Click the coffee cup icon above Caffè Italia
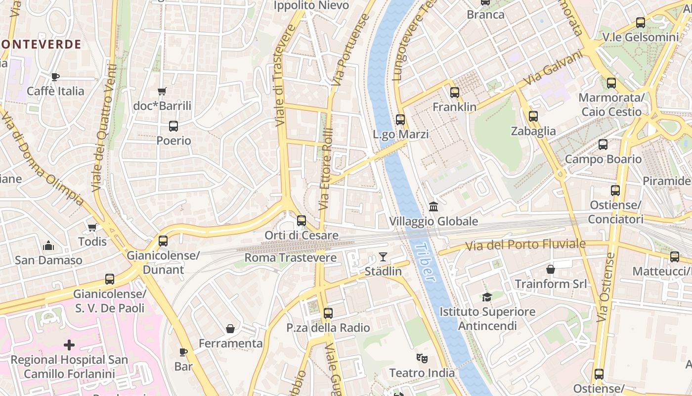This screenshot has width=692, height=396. click(x=55, y=77)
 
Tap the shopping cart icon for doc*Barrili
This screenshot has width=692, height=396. click(x=162, y=91)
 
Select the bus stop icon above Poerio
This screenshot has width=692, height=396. click(x=173, y=126)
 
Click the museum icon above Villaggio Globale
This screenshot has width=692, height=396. click(x=433, y=206)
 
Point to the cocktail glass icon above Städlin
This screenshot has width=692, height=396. click(x=383, y=256)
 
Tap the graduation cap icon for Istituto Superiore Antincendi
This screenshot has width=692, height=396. click(x=487, y=297)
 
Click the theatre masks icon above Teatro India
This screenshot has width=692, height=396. click(x=422, y=357)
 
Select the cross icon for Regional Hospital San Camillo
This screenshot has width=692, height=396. click(x=69, y=345)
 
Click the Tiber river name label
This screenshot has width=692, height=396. click(x=424, y=262)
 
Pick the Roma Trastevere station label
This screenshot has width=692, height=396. click(x=291, y=258)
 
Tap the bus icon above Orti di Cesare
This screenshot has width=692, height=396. click(x=302, y=221)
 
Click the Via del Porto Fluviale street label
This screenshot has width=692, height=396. click(x=525, y=245)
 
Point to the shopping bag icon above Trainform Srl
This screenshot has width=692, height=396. click(x=551, y=269)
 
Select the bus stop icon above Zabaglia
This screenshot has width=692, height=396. click(x=533, y=116)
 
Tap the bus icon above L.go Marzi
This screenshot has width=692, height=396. click(x=400, y=119)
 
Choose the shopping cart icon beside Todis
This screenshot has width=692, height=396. click(x=92, y=227)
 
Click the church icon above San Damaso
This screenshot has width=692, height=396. click(x=48, y=246)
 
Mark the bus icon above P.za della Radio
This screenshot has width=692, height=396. click(x=328, y=313)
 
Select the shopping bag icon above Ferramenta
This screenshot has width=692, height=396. click(x=230, y=329)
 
